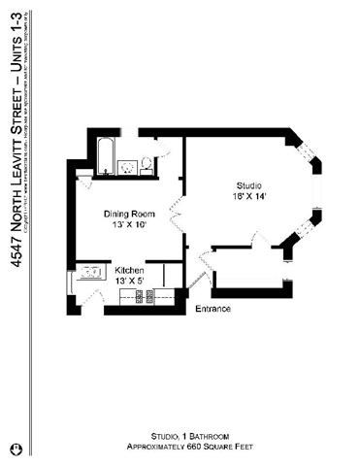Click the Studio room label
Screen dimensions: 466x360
point(248,185)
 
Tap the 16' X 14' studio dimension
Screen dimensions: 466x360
point(248,197)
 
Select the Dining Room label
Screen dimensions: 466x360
point(130,214)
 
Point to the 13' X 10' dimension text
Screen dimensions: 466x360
point(129,225)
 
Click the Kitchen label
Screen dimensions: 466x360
point(130,271)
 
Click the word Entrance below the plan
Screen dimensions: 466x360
point(213,309)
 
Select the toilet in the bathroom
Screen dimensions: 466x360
point(147,165)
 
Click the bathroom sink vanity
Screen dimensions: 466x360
point(126,167)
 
